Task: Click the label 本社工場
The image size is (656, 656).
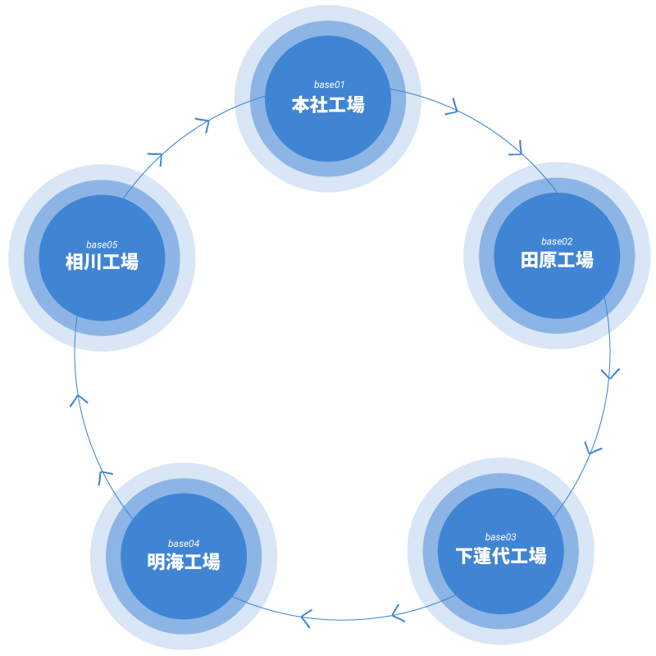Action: coord(328,105)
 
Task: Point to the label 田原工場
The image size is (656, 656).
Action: coord(557,261)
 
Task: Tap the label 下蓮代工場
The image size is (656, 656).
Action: coord(500,556)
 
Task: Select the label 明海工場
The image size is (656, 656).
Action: coord(184,562)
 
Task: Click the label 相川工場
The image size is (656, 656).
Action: coord(102,262)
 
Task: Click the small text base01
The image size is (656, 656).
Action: coord(329,85)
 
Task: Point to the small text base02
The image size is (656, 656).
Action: coord(557,241)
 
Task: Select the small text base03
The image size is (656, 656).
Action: coord(500,537)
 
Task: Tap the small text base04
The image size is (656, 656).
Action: coord(184,544)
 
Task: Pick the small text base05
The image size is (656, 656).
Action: coord(102,244)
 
